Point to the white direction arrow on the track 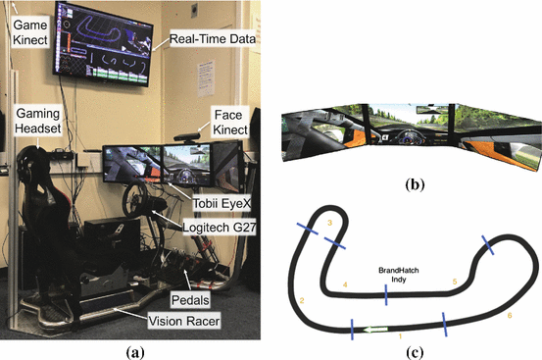tap(373, 330)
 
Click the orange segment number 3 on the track tap(329, 225)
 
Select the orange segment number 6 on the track tap(510, 316)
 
